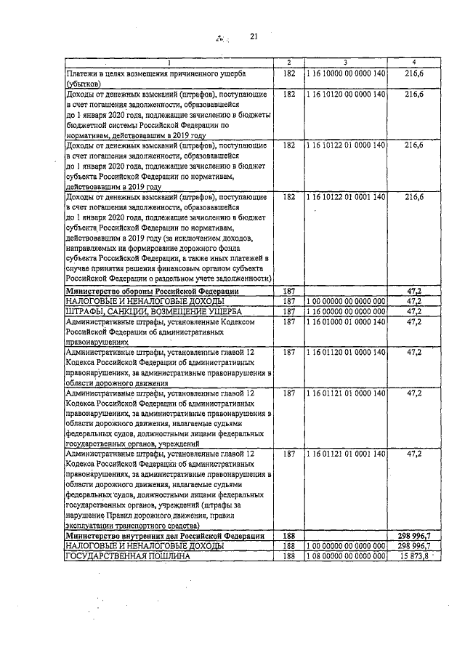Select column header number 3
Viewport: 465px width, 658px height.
point(345,63)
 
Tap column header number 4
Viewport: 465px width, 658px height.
point(413,63)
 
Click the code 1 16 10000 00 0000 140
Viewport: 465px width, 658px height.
point(345,74)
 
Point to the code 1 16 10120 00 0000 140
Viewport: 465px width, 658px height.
point(345,95)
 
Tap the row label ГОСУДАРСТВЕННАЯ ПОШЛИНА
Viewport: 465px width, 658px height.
point(128,556)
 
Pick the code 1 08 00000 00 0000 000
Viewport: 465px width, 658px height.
point(345,556)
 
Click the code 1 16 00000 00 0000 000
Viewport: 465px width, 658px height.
point(345,310)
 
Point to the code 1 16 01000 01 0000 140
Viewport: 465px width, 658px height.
point(345,321)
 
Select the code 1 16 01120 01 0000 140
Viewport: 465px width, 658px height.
point(345,351)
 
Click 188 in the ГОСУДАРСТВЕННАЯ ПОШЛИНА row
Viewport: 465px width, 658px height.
point(288,556)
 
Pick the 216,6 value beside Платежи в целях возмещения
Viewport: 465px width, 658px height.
point(413,74)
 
